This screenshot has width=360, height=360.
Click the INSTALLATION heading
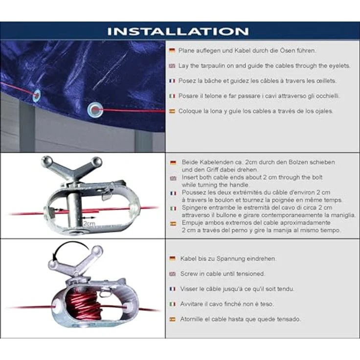point(178,31)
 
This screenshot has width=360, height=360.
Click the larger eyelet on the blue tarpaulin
point(95,110)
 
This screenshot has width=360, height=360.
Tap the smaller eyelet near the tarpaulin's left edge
point(37,95)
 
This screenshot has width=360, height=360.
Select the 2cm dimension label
point(89,224)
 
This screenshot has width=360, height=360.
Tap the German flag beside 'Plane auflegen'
point(172,50)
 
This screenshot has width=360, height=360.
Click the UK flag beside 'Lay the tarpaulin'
point(172,66)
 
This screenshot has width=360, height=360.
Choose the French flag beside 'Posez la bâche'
point(172,81)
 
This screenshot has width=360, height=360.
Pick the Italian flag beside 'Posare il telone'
point(172,96)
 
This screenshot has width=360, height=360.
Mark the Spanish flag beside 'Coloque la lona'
point(172,112)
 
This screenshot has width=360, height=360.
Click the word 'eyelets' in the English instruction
point(339,66)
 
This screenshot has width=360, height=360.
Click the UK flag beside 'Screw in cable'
point(173,274)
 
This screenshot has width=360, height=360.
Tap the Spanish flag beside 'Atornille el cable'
point(173,319)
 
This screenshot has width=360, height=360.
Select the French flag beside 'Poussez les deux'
point(173,193)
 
